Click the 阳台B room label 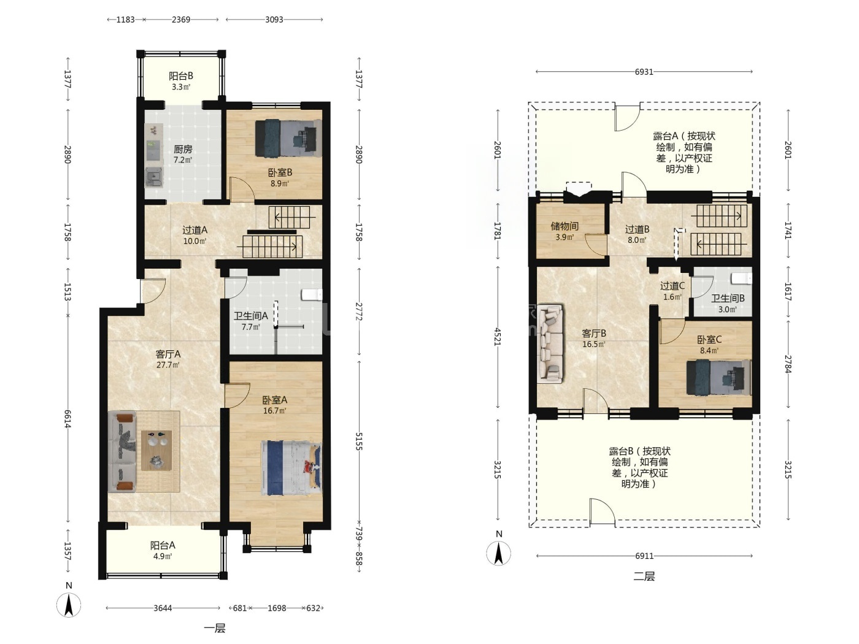coord(181,81)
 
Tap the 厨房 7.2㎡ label coord(183,154)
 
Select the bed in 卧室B coord(288,138)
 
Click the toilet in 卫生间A coord(312,294)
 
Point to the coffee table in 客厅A coord(156,450)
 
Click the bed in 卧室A coord(291,468)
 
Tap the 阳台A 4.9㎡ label coord(163,550)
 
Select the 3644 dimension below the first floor coord(163,608)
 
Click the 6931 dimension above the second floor coord(644,72)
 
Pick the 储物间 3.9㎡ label coord(564,231)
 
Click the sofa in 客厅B coord(550,343)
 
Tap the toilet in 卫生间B coord(742,278)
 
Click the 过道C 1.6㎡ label coord(672,291)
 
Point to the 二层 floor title coord(644,576)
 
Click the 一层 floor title coord(215,628)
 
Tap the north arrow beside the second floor coord(499,553)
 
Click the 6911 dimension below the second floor coord(644,556)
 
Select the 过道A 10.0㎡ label coord(195,236)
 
